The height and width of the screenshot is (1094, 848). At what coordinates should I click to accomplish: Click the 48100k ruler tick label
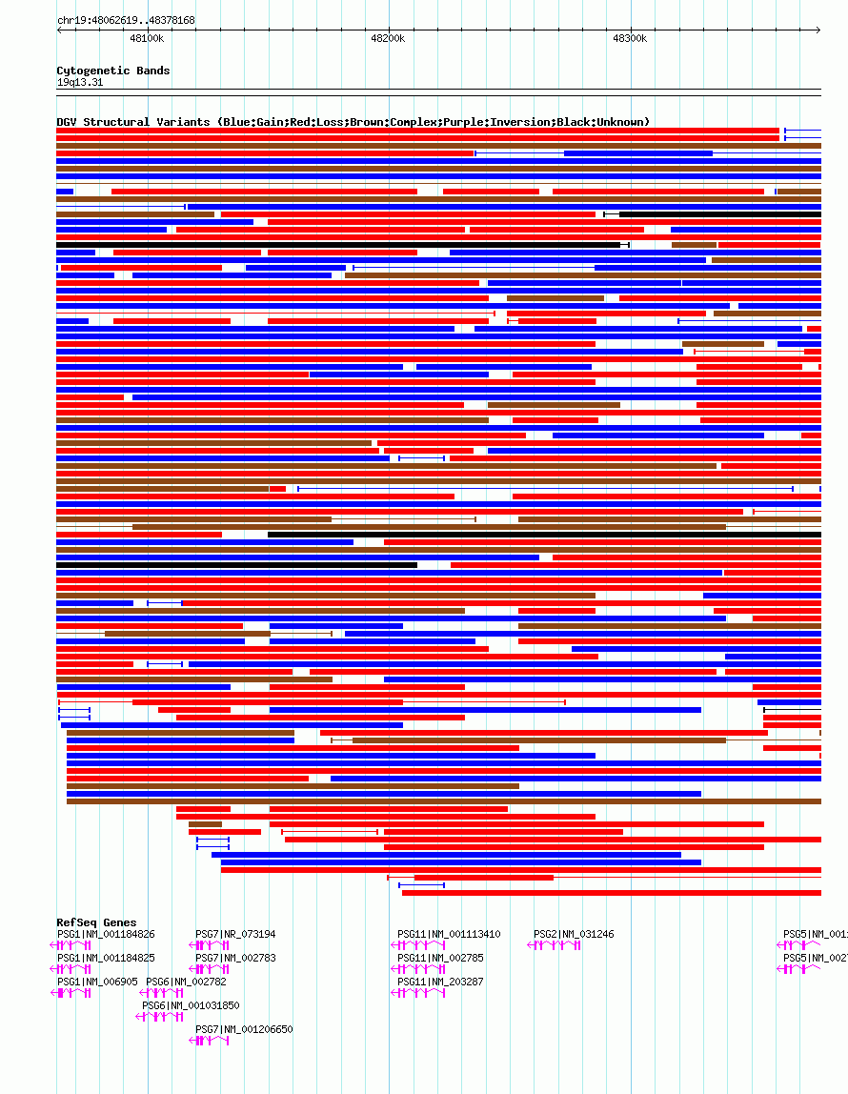coord(147,39)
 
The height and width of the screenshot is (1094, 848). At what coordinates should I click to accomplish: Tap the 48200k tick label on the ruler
coord(388,39)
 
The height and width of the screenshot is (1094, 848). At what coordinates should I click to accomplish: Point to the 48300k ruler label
coord(630,39)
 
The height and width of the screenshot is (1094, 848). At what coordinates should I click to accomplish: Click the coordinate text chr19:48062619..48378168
coord(126,20)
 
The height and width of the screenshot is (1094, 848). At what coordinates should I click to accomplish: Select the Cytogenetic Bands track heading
coord(112,71)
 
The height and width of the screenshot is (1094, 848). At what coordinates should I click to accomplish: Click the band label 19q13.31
coord(80,82)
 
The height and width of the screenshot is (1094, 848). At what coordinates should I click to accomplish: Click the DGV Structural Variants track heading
coord(353,122)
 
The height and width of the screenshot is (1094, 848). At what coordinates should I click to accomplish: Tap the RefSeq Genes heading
coord(96,922)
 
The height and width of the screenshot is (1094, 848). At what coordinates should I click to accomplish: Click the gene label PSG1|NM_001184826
coord(106,934)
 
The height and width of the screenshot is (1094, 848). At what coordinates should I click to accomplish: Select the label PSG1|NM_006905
coord(97,982)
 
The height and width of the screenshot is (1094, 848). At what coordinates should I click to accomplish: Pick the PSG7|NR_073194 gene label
coord(235,934)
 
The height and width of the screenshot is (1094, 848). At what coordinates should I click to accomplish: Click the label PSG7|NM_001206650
coord(244,1029)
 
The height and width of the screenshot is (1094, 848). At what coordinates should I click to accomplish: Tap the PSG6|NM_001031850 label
coord(191,1005)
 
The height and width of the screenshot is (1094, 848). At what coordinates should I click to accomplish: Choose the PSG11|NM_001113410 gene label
coord(449,934)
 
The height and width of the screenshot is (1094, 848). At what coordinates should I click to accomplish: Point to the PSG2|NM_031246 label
coord(574,934)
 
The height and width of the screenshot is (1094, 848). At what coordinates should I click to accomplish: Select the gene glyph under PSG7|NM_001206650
coord(211,1041)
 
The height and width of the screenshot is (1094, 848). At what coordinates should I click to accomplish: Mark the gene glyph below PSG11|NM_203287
coord(418,993)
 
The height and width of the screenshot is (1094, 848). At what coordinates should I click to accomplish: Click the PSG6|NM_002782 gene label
coord(186,982)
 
